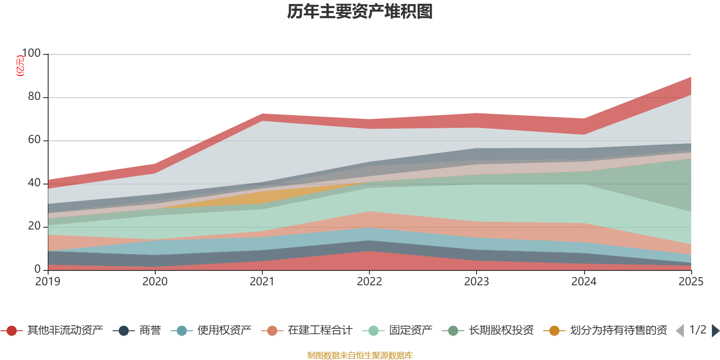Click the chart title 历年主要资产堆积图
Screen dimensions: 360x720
pyautogui.click(x=360, y=12)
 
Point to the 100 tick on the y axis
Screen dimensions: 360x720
pyautogui.click(x=31, y=54)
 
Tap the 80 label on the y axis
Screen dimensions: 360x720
pyautogui.click(x=34, y=97)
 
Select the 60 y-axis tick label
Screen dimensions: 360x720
pyautogui.click(x=34, y=140)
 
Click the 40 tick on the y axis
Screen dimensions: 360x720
pyautogui.click(x=34, y=183)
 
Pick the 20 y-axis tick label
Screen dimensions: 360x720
pyautogui.click(x=34, y=226)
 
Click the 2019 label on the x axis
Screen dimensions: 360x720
pyautogui.click(x=48, y=282)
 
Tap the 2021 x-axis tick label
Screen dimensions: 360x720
pyautogui.click(x=262, y=282)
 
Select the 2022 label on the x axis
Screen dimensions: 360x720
pyautogui.click(x=369, y=282)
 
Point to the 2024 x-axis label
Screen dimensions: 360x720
pyautogui.click(x=584, y=282)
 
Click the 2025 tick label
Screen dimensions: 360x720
pyautogui.click(x=690, y=282)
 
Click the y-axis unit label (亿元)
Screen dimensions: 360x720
pyautogui.click(x=20, y=66)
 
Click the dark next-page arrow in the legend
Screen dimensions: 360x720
pyautogui.click(x=715, y=331)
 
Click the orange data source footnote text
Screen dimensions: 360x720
pyautogui.click(x=360, y=355)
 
